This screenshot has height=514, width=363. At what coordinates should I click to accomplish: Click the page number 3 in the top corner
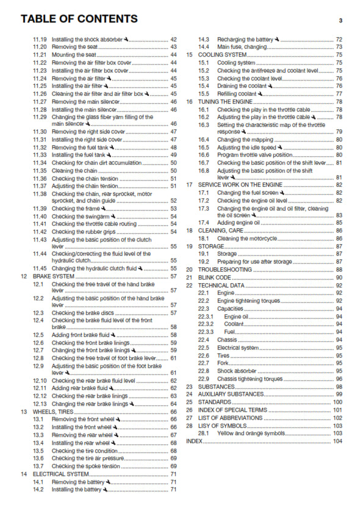340,20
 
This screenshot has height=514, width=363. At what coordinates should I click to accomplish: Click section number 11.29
40,117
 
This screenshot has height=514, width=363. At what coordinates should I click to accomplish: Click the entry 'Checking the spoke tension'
85,466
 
